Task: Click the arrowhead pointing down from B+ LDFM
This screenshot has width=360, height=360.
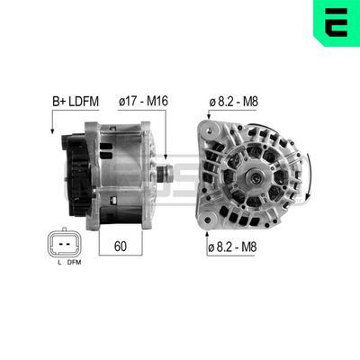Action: click(54, 134)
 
